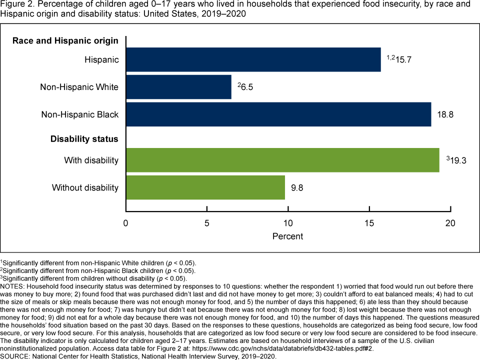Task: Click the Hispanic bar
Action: click(x=253, y=60)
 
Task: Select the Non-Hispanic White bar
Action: click(x=178, y=87)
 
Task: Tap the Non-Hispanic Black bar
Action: click(x=278, y=114)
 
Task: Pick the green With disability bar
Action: click(x=282, y=160)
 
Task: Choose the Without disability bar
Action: click(x=205, y=187)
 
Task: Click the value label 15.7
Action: click(x=403, y=60)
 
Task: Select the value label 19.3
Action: click(x=457, y=160)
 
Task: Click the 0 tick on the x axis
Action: click(x=126, y=223)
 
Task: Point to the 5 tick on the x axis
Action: click(x=207, y=223)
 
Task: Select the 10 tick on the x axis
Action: click(x=288, y=223)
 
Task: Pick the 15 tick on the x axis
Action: click(x=369, y=223)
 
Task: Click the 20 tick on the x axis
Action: click(x=450, y=223)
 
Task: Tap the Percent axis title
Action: click(x=288, y=236)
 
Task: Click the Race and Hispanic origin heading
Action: click(x=65, y=40)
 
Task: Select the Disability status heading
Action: click(x=84, y=138)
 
